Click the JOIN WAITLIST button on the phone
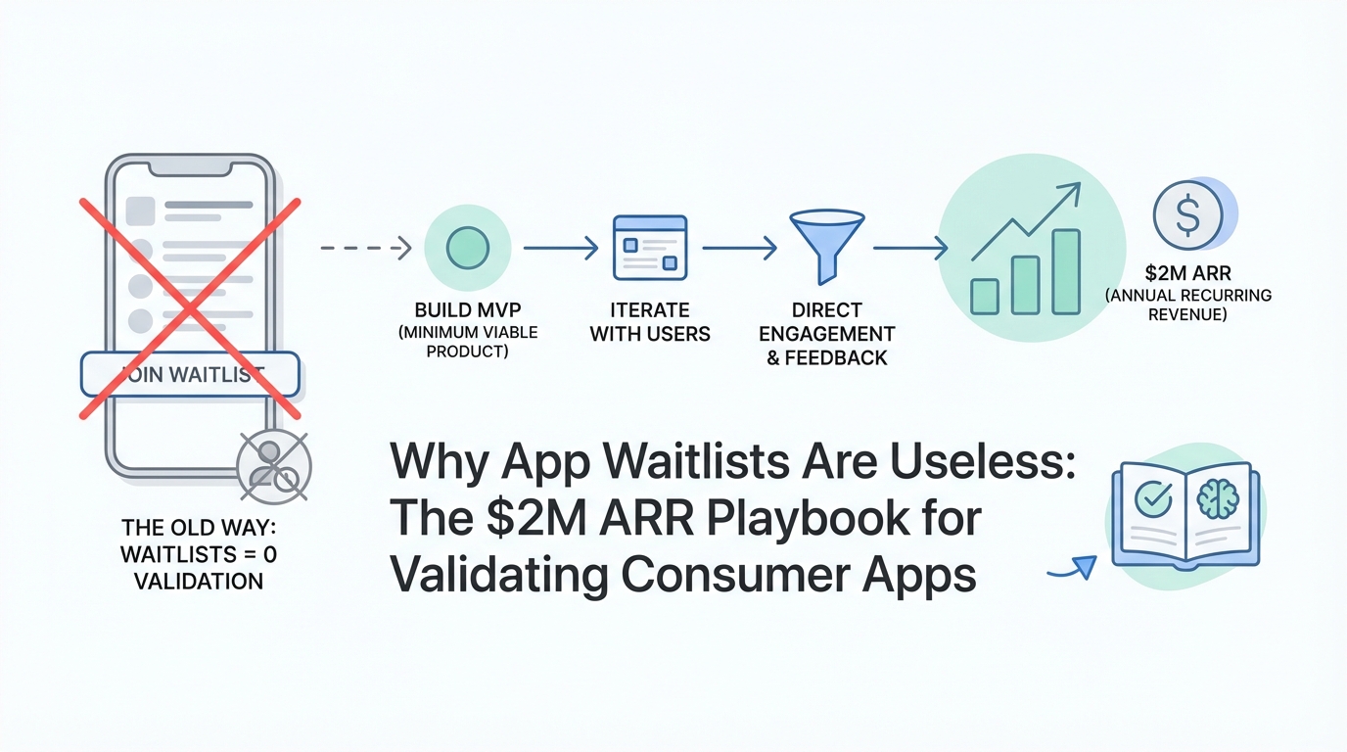(x=190, y=374)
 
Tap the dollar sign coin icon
(x=1187, y=215)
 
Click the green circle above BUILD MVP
(x=468, y=248)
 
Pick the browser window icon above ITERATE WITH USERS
(x=649, y=248)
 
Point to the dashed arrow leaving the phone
(x=365, y=248)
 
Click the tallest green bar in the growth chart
(x=1066, y=271)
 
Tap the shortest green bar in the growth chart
(x=985, y=297)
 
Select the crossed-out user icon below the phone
(x=274, y=467)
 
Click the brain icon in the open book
(x=1218, y=498)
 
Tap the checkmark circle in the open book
(x=1153, y=499)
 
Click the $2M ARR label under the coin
(x=1187, y=273)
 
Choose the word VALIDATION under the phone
(x=199, y=582)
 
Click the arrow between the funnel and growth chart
(x=910, y=248)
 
